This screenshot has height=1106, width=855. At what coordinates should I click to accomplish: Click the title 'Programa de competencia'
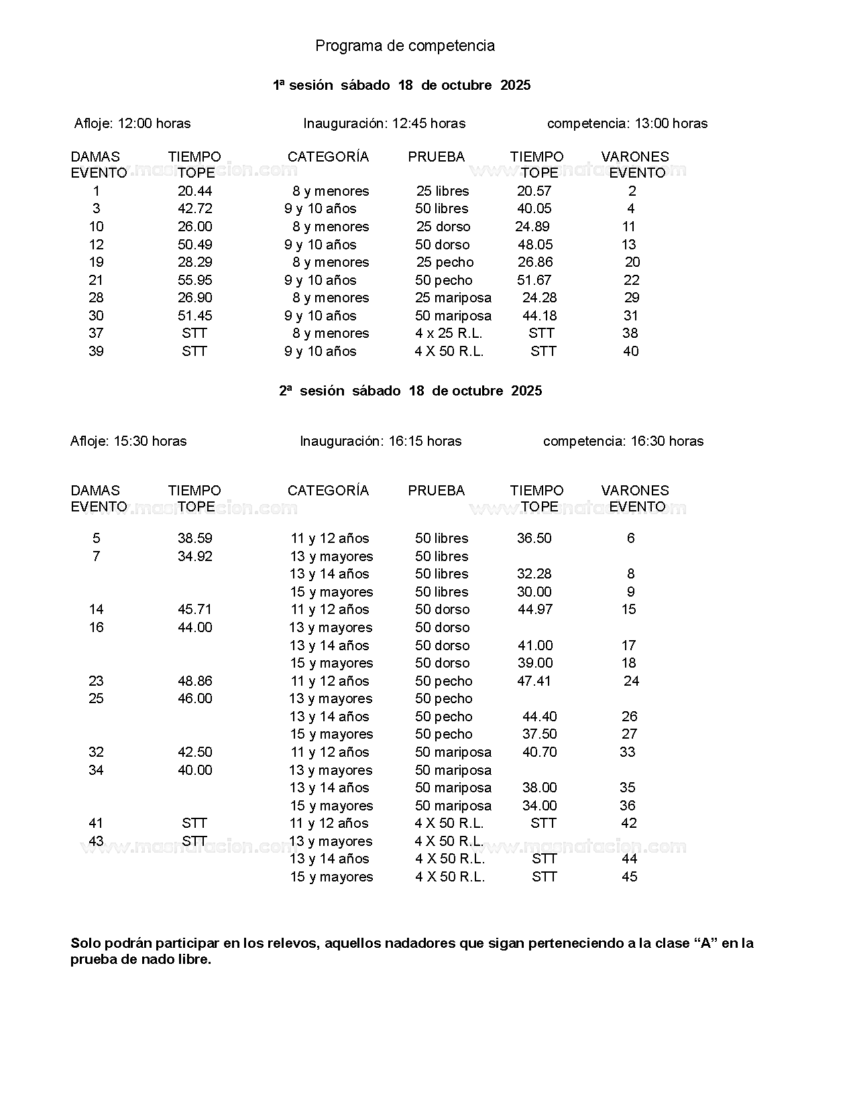pos(405,46)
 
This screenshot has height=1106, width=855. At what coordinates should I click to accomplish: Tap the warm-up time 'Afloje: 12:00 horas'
pos(132,123)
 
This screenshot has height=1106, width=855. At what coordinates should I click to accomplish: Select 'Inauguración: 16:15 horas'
pos(380,441)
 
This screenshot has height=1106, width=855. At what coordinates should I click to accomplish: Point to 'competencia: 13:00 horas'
pos(627,123)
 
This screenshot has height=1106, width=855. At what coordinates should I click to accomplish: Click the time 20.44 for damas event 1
pos(194,191)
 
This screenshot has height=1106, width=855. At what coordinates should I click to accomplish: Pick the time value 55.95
pos(194,280)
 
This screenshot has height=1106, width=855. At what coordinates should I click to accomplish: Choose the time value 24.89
pos(532,227)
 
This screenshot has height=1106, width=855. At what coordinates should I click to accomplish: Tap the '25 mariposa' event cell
pos(453,298)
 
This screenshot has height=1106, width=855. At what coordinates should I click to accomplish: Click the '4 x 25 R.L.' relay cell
pos(448,333)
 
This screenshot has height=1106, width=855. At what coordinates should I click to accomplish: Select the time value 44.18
pos(539,316)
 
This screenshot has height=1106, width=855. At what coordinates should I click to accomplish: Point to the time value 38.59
pos(194,538)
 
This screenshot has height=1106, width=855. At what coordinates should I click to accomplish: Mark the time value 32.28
pos(534,574)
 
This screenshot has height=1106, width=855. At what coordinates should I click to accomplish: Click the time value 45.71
pos(194,609)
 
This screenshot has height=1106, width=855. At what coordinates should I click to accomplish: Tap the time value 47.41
pos(534,681)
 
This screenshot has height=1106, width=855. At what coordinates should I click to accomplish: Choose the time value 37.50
pos(539,734)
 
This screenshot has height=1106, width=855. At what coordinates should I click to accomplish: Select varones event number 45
pos(629,877)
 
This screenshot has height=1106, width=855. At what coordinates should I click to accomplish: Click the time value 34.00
pos(539,806)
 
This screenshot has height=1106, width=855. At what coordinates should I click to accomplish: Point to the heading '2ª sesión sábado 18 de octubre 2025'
pos(410,391)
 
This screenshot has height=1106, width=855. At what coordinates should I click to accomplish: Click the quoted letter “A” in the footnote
pos(704,943)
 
